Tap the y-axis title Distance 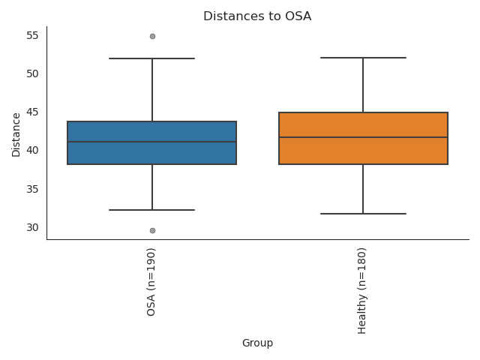16,133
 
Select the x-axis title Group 257,343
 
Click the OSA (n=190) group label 152,281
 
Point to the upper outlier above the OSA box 152,36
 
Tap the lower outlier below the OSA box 152,230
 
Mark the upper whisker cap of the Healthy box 363,58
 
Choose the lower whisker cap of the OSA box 152,210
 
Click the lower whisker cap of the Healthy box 363,214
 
